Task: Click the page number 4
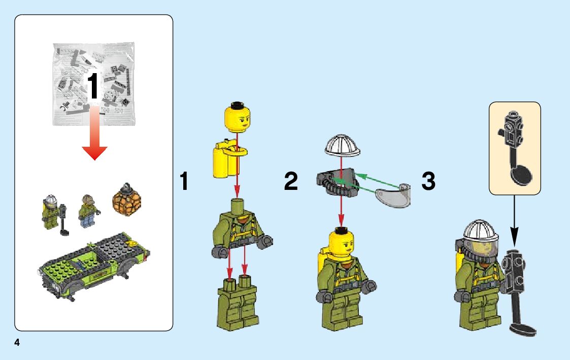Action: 17,342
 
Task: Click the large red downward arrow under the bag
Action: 94,133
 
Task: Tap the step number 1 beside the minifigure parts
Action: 184,181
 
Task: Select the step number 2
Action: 291,181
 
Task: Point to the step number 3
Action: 428,181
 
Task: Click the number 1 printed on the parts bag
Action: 93,85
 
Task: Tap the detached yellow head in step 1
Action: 238,117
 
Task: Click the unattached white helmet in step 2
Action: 342,146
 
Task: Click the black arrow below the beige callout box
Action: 514,221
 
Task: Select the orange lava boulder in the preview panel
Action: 127,200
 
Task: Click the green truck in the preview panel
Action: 94,266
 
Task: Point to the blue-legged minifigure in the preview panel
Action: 88,211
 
